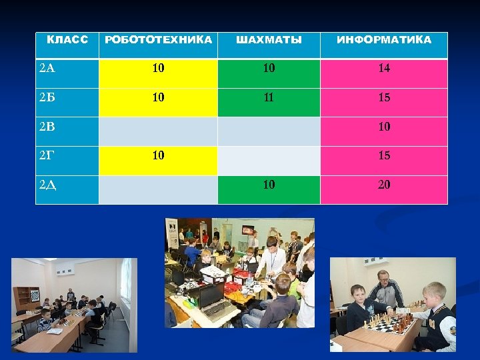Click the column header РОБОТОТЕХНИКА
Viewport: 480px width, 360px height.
(x=159, y=40)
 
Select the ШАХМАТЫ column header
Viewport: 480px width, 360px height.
(x=269, y=40)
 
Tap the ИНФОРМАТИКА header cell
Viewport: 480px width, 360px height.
(x=383, y=40)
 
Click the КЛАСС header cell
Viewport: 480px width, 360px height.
(x=67, y=40)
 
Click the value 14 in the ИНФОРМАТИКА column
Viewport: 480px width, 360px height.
(x=384, y=68)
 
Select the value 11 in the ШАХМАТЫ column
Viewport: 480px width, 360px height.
(x=269, y=97)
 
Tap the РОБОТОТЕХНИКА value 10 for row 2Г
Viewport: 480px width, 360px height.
(x=158, y=156)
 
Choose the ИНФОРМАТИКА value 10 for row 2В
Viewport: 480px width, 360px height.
(x=384, y=127)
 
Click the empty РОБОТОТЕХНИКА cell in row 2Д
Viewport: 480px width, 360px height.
(x=158, y=189)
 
